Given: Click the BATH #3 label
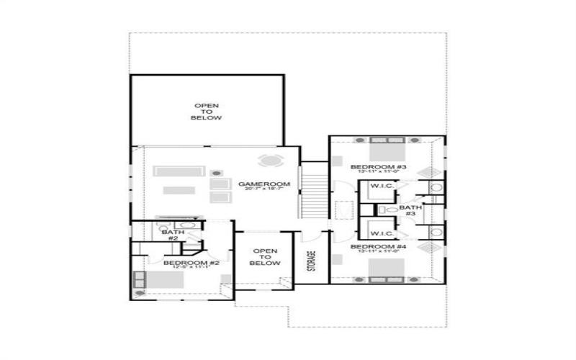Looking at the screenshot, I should coord(410,210).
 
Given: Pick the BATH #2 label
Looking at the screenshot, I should coord(173,235).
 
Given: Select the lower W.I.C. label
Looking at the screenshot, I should coord(381,233).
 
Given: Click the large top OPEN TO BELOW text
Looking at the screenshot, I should coord(207,112).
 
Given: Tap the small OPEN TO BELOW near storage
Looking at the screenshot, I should coord(264,257).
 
